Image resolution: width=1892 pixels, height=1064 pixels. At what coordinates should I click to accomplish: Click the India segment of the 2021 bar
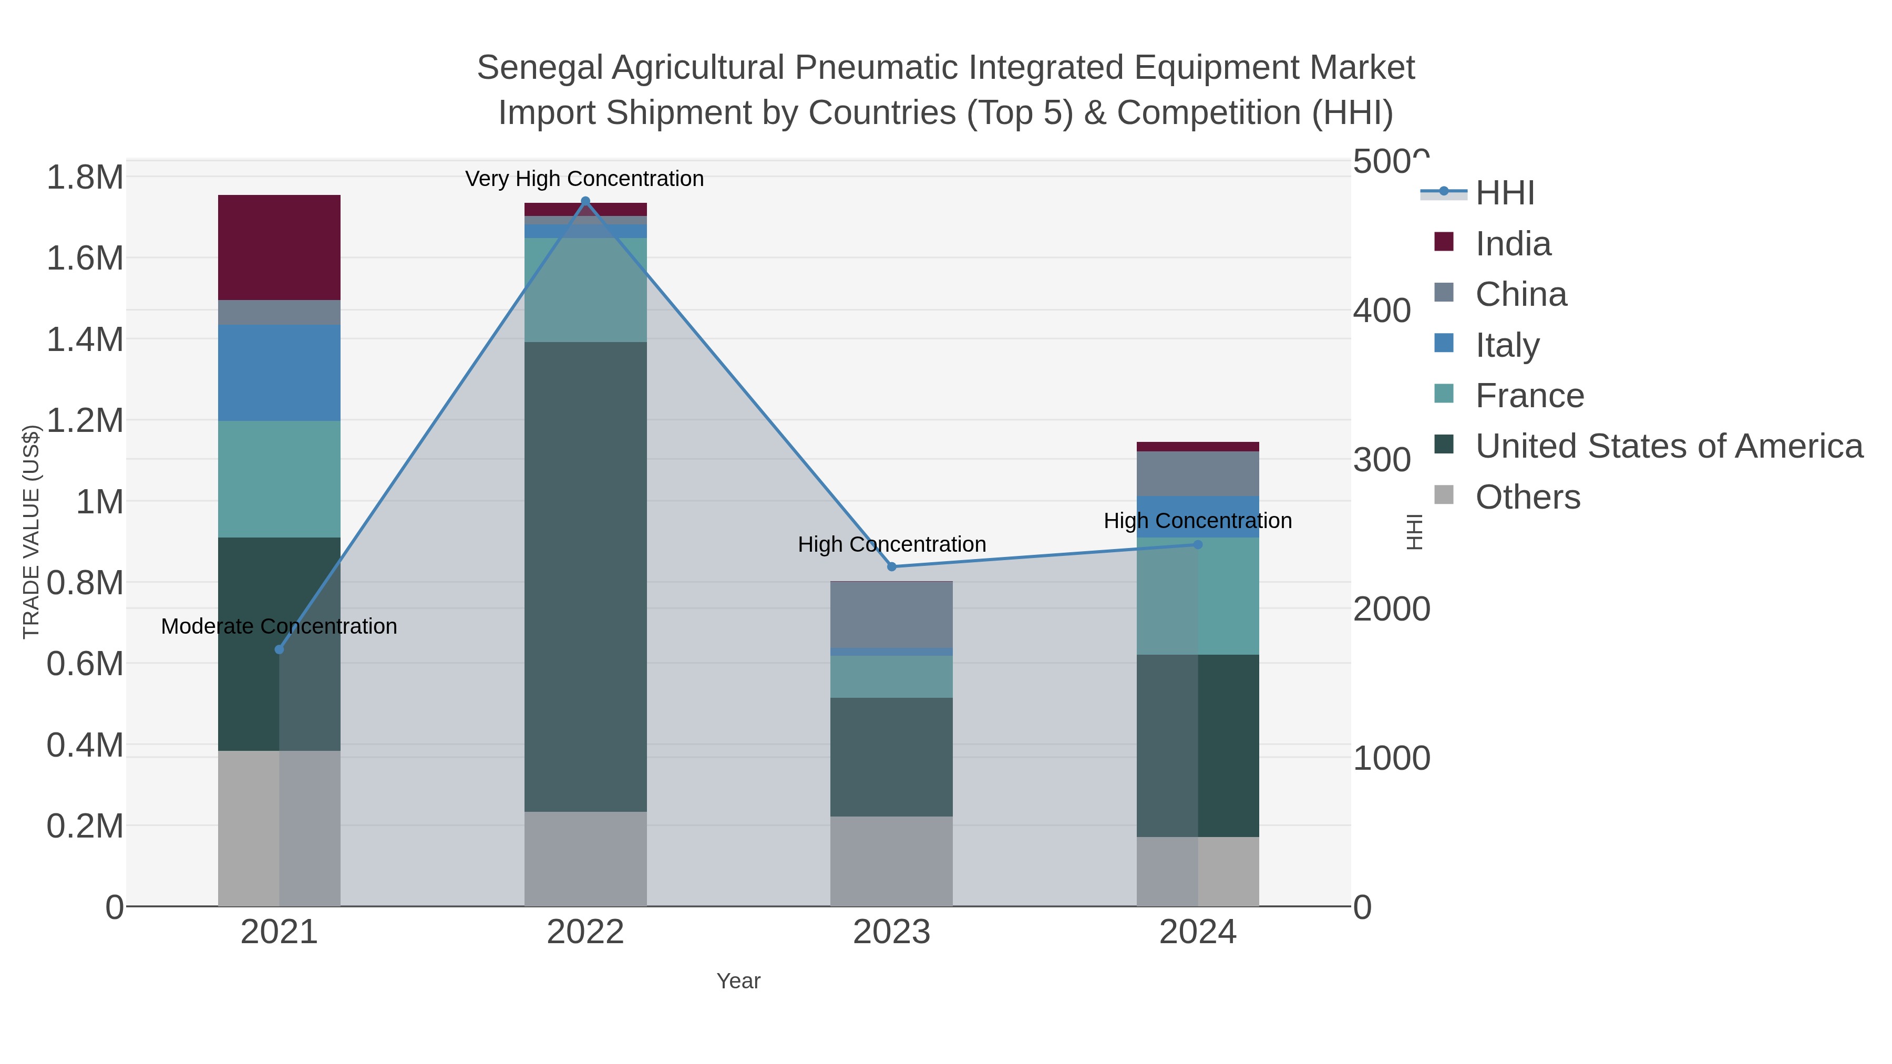279,247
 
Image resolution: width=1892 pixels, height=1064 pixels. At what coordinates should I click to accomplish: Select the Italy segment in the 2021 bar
279,373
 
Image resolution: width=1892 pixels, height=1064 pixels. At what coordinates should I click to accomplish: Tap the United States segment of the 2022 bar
585,576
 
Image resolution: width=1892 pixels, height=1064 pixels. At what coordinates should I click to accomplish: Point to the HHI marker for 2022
585,201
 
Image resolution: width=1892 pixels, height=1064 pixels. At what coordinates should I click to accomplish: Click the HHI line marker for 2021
279,649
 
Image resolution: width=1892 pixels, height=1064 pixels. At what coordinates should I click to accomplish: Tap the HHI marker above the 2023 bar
892,566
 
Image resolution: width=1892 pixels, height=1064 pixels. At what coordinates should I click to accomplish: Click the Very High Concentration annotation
584,179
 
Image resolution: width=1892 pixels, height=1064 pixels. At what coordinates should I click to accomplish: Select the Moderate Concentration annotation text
279,626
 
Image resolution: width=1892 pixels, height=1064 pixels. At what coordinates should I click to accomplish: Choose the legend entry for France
1529,395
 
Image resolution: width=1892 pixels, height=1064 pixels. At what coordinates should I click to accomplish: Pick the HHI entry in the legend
1504,193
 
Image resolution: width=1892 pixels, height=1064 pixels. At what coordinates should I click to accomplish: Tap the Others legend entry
1528,497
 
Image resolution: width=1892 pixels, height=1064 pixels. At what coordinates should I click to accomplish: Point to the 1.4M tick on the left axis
85,339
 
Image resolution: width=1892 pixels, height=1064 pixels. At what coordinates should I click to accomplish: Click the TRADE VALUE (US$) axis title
31,532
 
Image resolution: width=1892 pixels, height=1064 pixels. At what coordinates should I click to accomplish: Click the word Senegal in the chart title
539,68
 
